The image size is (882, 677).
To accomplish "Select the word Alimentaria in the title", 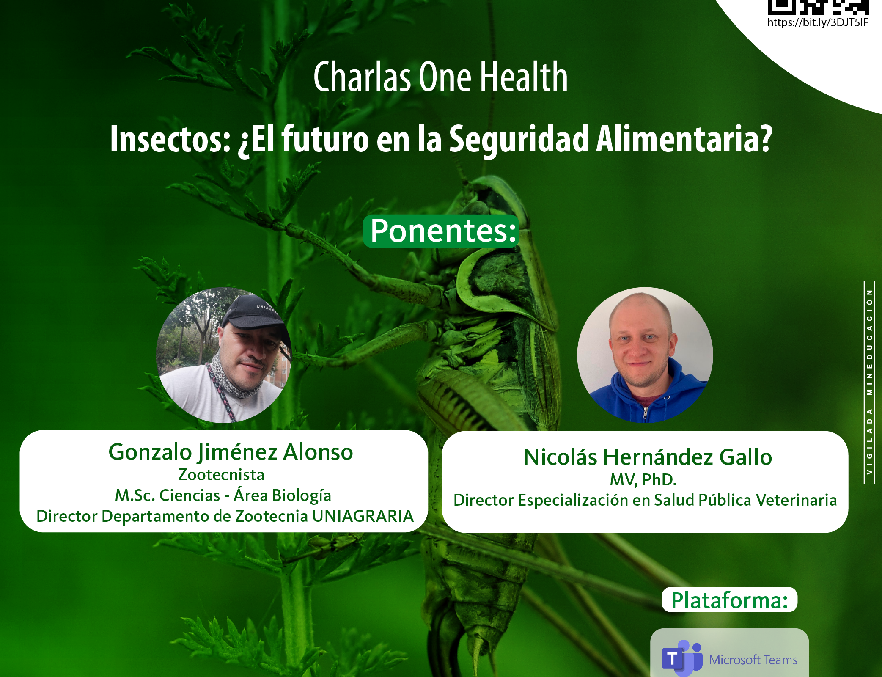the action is (684, 139).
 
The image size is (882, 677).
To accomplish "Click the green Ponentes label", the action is (441, 231).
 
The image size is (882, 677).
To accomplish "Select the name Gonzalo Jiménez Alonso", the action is (231, 452).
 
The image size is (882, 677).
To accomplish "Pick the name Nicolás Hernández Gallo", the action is (648, 457).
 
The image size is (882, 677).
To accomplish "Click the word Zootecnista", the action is (221, 475).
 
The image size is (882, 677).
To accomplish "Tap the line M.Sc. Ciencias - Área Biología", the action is (223, 495).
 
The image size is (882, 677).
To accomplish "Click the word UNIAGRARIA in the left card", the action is (363, 516).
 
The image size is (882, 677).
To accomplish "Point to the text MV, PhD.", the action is (643, 480).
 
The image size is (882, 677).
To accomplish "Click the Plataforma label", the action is (730, 600).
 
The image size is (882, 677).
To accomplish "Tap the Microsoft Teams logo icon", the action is (682, 658).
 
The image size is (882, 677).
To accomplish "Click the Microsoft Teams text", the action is (753, 660).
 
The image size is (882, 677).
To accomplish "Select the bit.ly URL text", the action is (818, 22).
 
